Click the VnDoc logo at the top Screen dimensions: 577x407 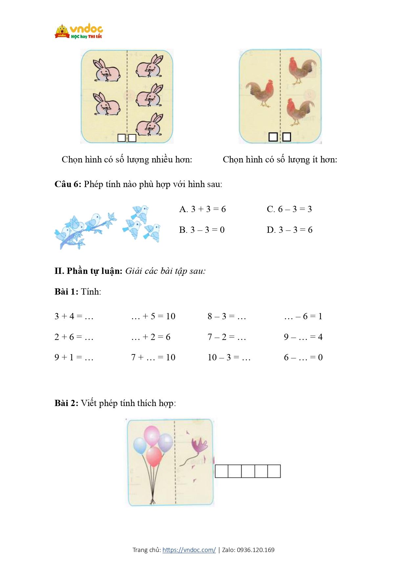coord(78,31)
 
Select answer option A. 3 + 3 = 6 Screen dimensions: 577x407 coord(203,209)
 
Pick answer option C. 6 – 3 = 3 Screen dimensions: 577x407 coord(289,209)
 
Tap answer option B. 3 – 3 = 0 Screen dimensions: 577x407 coord(202,230)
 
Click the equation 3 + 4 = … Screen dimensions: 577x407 coord(74,316)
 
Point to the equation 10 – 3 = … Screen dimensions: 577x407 coord(229,357)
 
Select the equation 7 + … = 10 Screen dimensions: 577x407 coord(153,357)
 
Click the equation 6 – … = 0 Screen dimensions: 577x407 coord(303,357)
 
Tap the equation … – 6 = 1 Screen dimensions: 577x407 coord(303,316)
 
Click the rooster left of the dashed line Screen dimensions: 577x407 coord(260,93)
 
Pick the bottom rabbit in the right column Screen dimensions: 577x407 coord(149,125)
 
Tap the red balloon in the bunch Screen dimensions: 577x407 coord(154,457)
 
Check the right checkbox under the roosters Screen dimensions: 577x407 coord(287,137)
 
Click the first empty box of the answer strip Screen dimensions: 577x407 coord(222,471)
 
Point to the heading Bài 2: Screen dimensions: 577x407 coord(66,403)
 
